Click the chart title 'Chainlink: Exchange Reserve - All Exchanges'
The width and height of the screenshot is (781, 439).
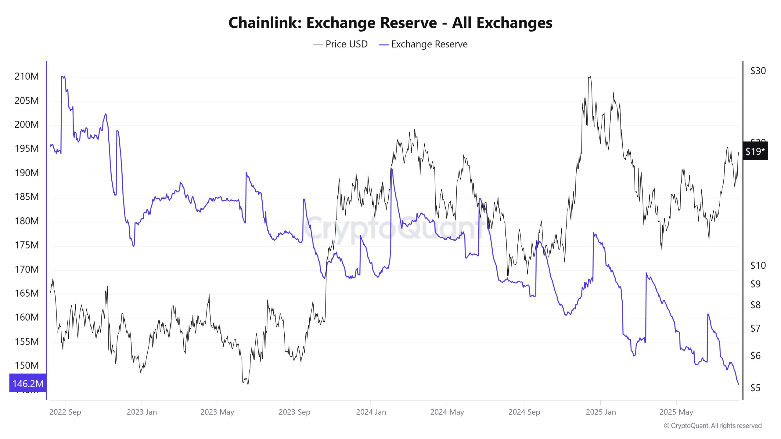coord(390,23)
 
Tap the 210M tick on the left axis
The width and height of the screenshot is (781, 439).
coord(27,76)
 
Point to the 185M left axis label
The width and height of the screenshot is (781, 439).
coord(27,197)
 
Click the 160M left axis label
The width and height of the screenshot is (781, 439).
coord(27,317)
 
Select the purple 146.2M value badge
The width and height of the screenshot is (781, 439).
coord(28,383)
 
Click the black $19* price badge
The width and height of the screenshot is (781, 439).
coord(755,151)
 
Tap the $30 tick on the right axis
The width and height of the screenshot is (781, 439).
coord(758,71)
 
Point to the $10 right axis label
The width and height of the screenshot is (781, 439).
coord(758,266)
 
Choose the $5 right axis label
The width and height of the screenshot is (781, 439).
coord(755,388)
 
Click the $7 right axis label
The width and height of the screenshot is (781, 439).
coord(755,328)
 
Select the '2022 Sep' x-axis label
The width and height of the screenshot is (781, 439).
coord(65,412)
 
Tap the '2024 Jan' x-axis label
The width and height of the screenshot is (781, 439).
coord(371,412)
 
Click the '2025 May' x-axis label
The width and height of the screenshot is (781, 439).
coord(676,412)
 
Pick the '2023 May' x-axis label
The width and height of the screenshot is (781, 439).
coord(217,412)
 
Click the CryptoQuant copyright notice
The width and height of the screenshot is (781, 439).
coord(713,426)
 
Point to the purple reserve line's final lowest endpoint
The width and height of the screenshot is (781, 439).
coord(739,384)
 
